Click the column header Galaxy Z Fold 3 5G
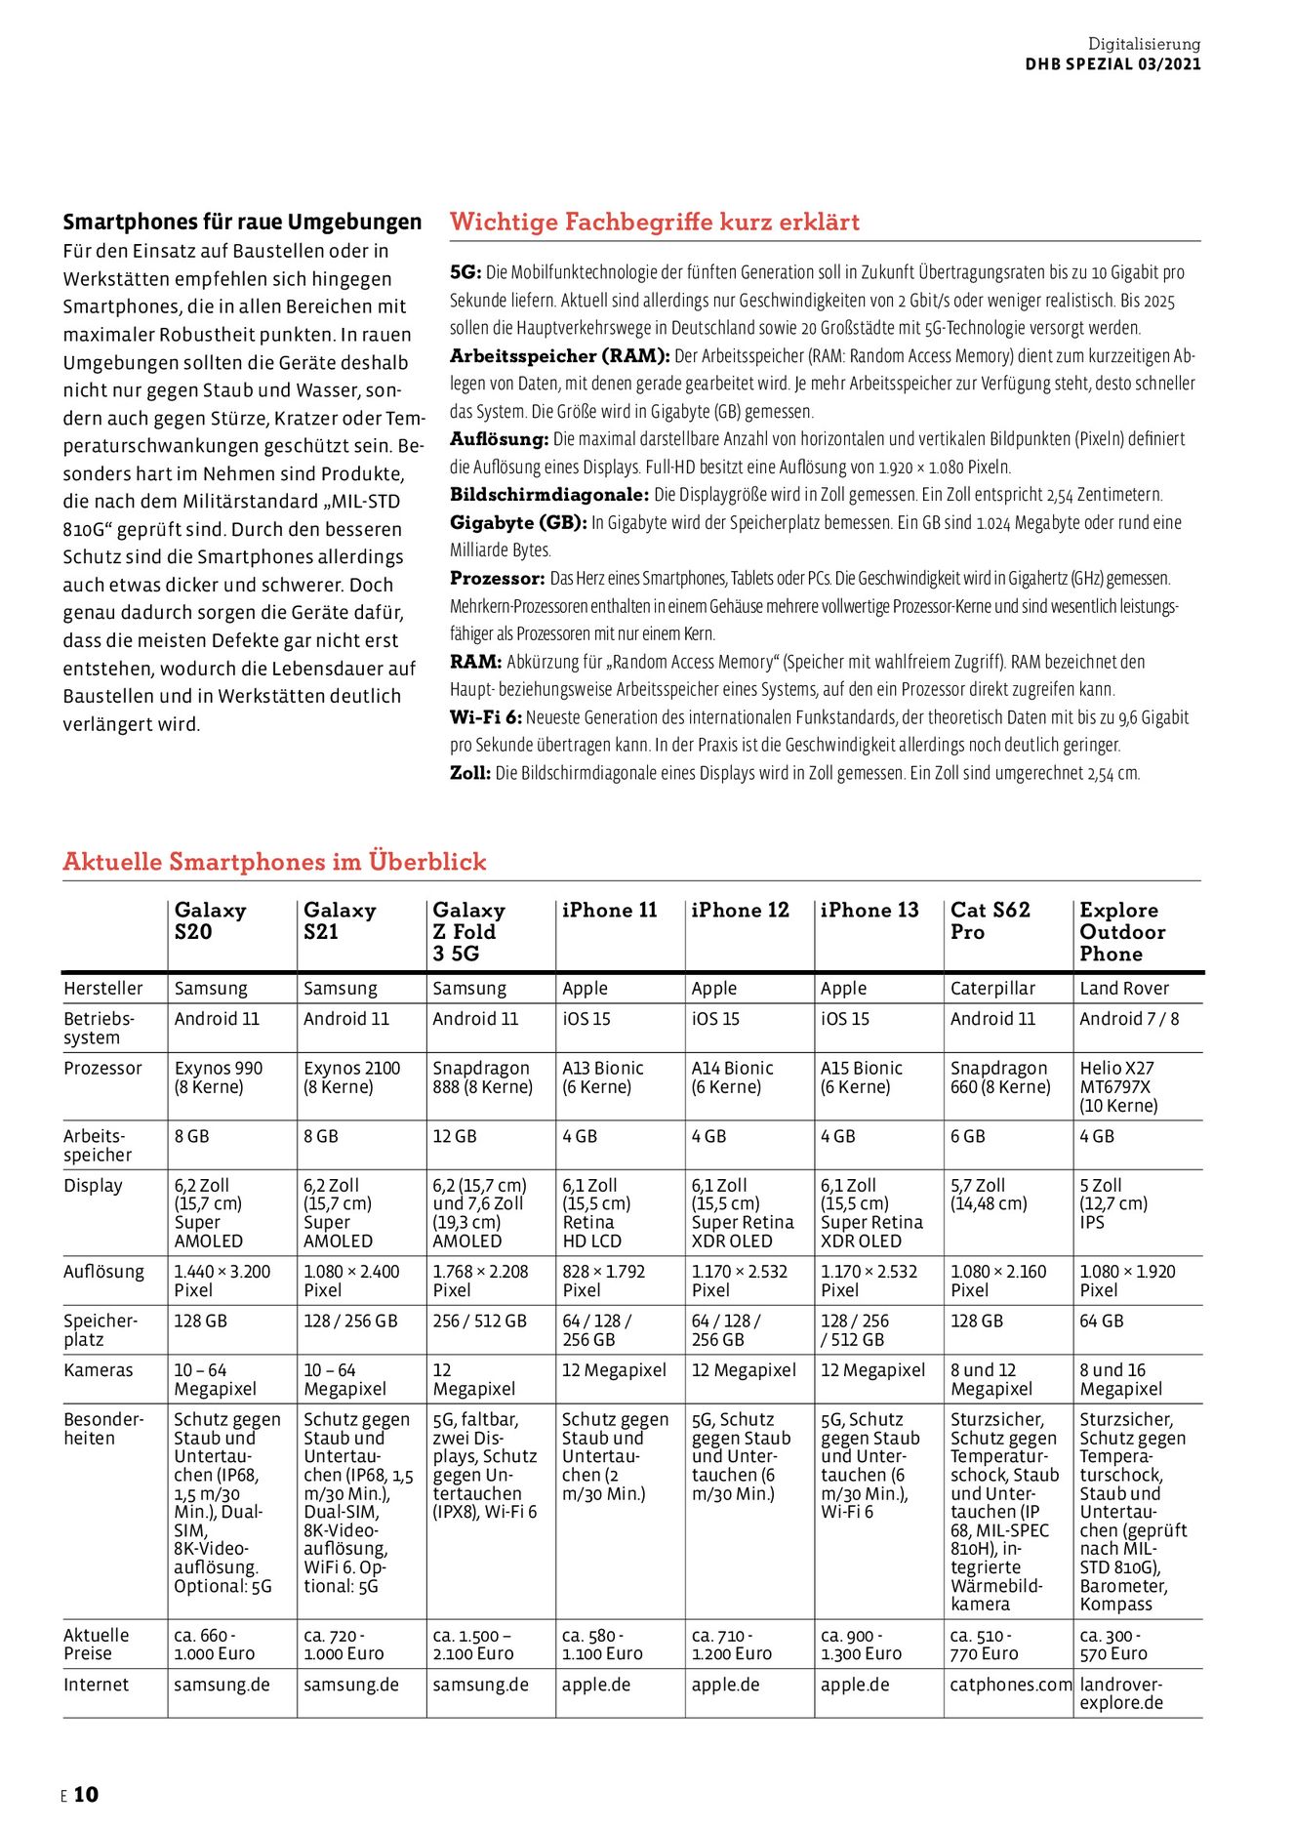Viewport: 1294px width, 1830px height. coord(468,931)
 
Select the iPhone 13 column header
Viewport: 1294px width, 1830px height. coord(869,911)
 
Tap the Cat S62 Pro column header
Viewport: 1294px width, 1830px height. coord(990,920)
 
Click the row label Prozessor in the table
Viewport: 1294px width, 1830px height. coord(102,1069)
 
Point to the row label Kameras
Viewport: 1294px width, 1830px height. coord(98,1370)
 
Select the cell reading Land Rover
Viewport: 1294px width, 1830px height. coord(1124,989)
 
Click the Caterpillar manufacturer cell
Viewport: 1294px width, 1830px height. coord(992,989)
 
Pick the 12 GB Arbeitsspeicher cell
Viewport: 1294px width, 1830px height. coord(454,1137)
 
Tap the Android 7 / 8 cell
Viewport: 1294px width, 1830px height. coord(1129,1019)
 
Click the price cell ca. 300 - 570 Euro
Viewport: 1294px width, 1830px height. coord(1113,1645)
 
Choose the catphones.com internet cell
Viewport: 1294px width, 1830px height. coord(1010,1685)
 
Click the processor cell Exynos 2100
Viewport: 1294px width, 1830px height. coord(351,1078)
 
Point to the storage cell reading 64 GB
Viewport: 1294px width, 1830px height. coord(1101,1322)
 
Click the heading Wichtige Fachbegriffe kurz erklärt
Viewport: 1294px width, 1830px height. coord(655,223)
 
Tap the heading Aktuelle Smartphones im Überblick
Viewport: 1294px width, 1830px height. coord(274,862)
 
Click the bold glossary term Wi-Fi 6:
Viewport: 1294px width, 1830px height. coord(486,717)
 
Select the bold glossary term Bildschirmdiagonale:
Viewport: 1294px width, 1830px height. coord(549,495)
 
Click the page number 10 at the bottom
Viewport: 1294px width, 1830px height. coord(86,1794)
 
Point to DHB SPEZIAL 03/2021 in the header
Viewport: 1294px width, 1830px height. coord(1112,64)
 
